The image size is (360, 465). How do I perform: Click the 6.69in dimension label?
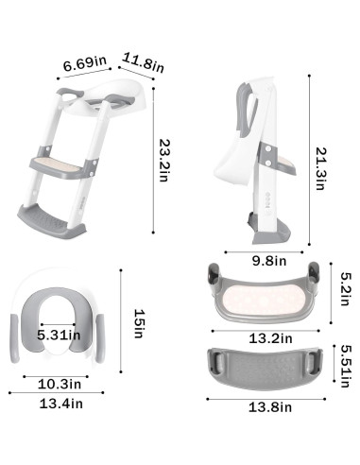82,64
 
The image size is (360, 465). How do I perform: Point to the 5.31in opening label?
57,334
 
